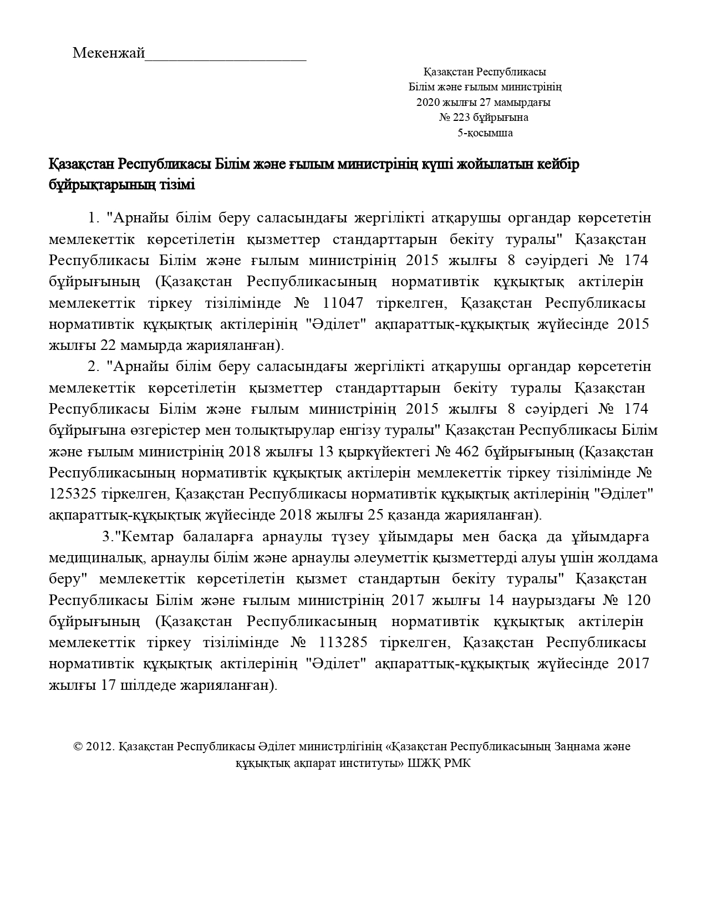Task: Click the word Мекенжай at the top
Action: point(108,53)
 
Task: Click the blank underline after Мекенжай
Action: point(225,57)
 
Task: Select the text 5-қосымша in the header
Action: point(485,133)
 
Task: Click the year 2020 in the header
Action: point(428,103)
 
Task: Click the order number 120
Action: point(638,601)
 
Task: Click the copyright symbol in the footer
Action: point(78,747)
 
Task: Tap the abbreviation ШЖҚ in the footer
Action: point(424,763)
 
